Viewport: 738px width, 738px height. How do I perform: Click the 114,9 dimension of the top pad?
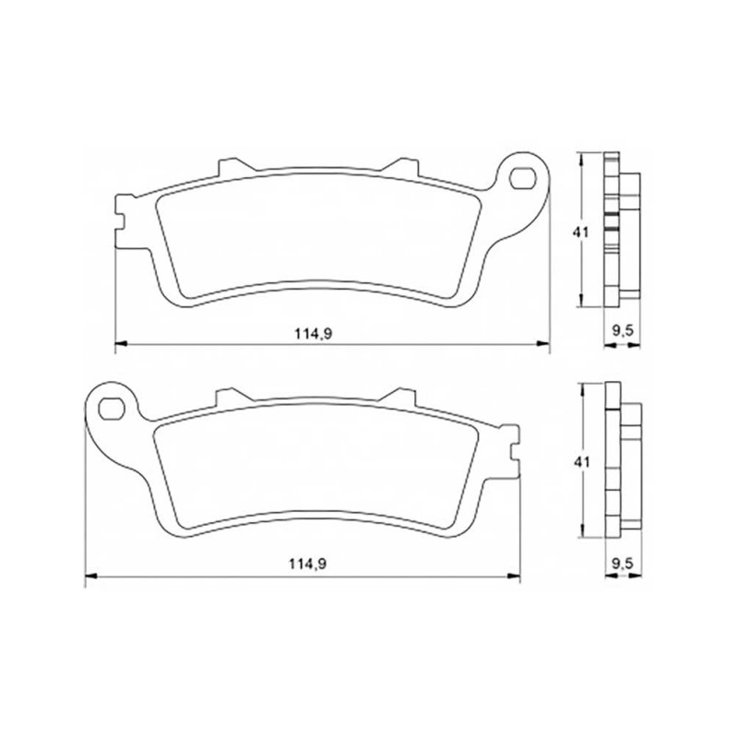coord(314,334)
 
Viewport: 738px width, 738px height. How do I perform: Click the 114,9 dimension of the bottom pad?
coord(307,565)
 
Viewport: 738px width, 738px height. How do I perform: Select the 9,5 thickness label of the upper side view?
coord(623,331)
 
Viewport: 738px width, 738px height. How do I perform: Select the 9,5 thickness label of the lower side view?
coord(623,563)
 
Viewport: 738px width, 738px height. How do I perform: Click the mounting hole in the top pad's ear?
coord(522,178)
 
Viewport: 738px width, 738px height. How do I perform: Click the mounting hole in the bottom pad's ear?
coord(111,409)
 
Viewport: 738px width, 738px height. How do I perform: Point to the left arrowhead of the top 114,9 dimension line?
coord(122,344)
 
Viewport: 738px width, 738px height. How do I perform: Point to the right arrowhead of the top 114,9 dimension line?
coord(544,344)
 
